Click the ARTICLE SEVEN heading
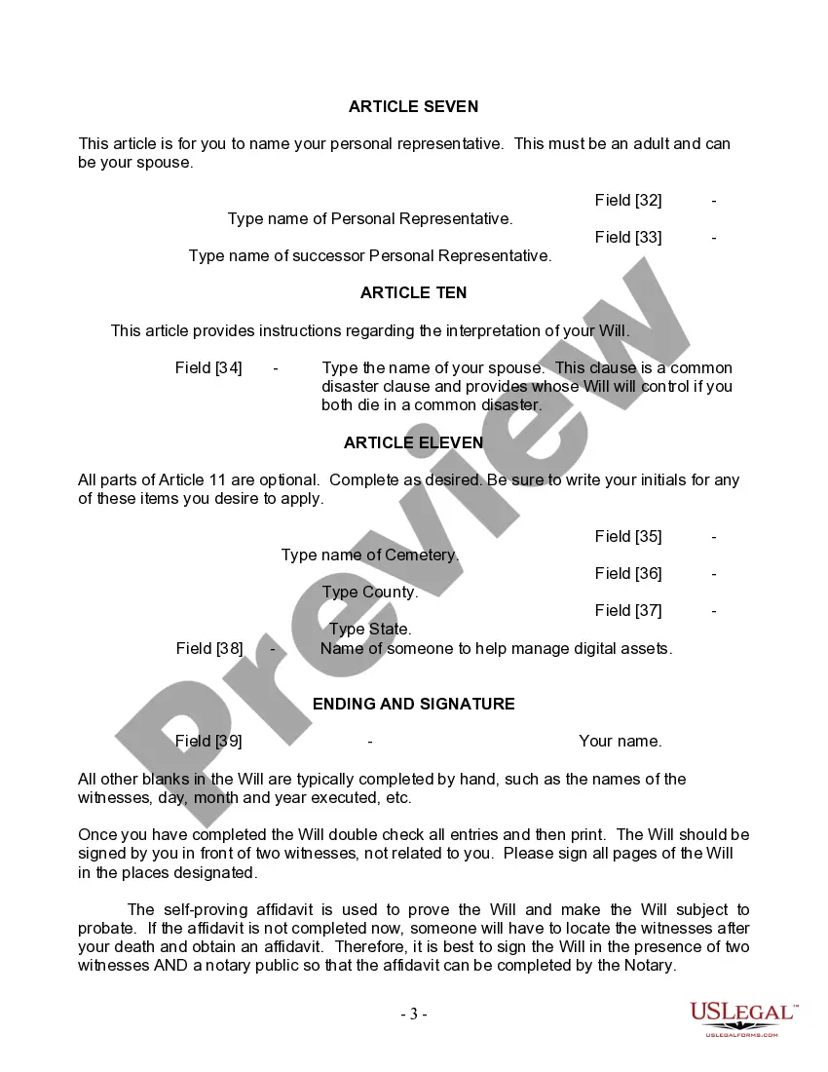pos(413,106)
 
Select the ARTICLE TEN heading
pos(413,292)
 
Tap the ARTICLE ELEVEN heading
pos(413,442)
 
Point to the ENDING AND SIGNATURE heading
pos(413,704)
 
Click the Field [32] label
pos(628,200)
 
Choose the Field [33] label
pos(628,237)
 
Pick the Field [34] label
pos(208,367)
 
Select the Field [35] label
pos(628,536)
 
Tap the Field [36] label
pos(628,573)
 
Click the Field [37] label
pos(628,610)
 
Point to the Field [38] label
pos(209,648)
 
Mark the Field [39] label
pos(208,741)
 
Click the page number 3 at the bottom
pos(413,1015)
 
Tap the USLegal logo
pos(743,1018)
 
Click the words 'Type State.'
pos(370,630)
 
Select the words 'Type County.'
pos(370,593)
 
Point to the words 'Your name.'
pos(620,741)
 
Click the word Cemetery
pos(421,555)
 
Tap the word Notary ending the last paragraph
pos(646,966)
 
